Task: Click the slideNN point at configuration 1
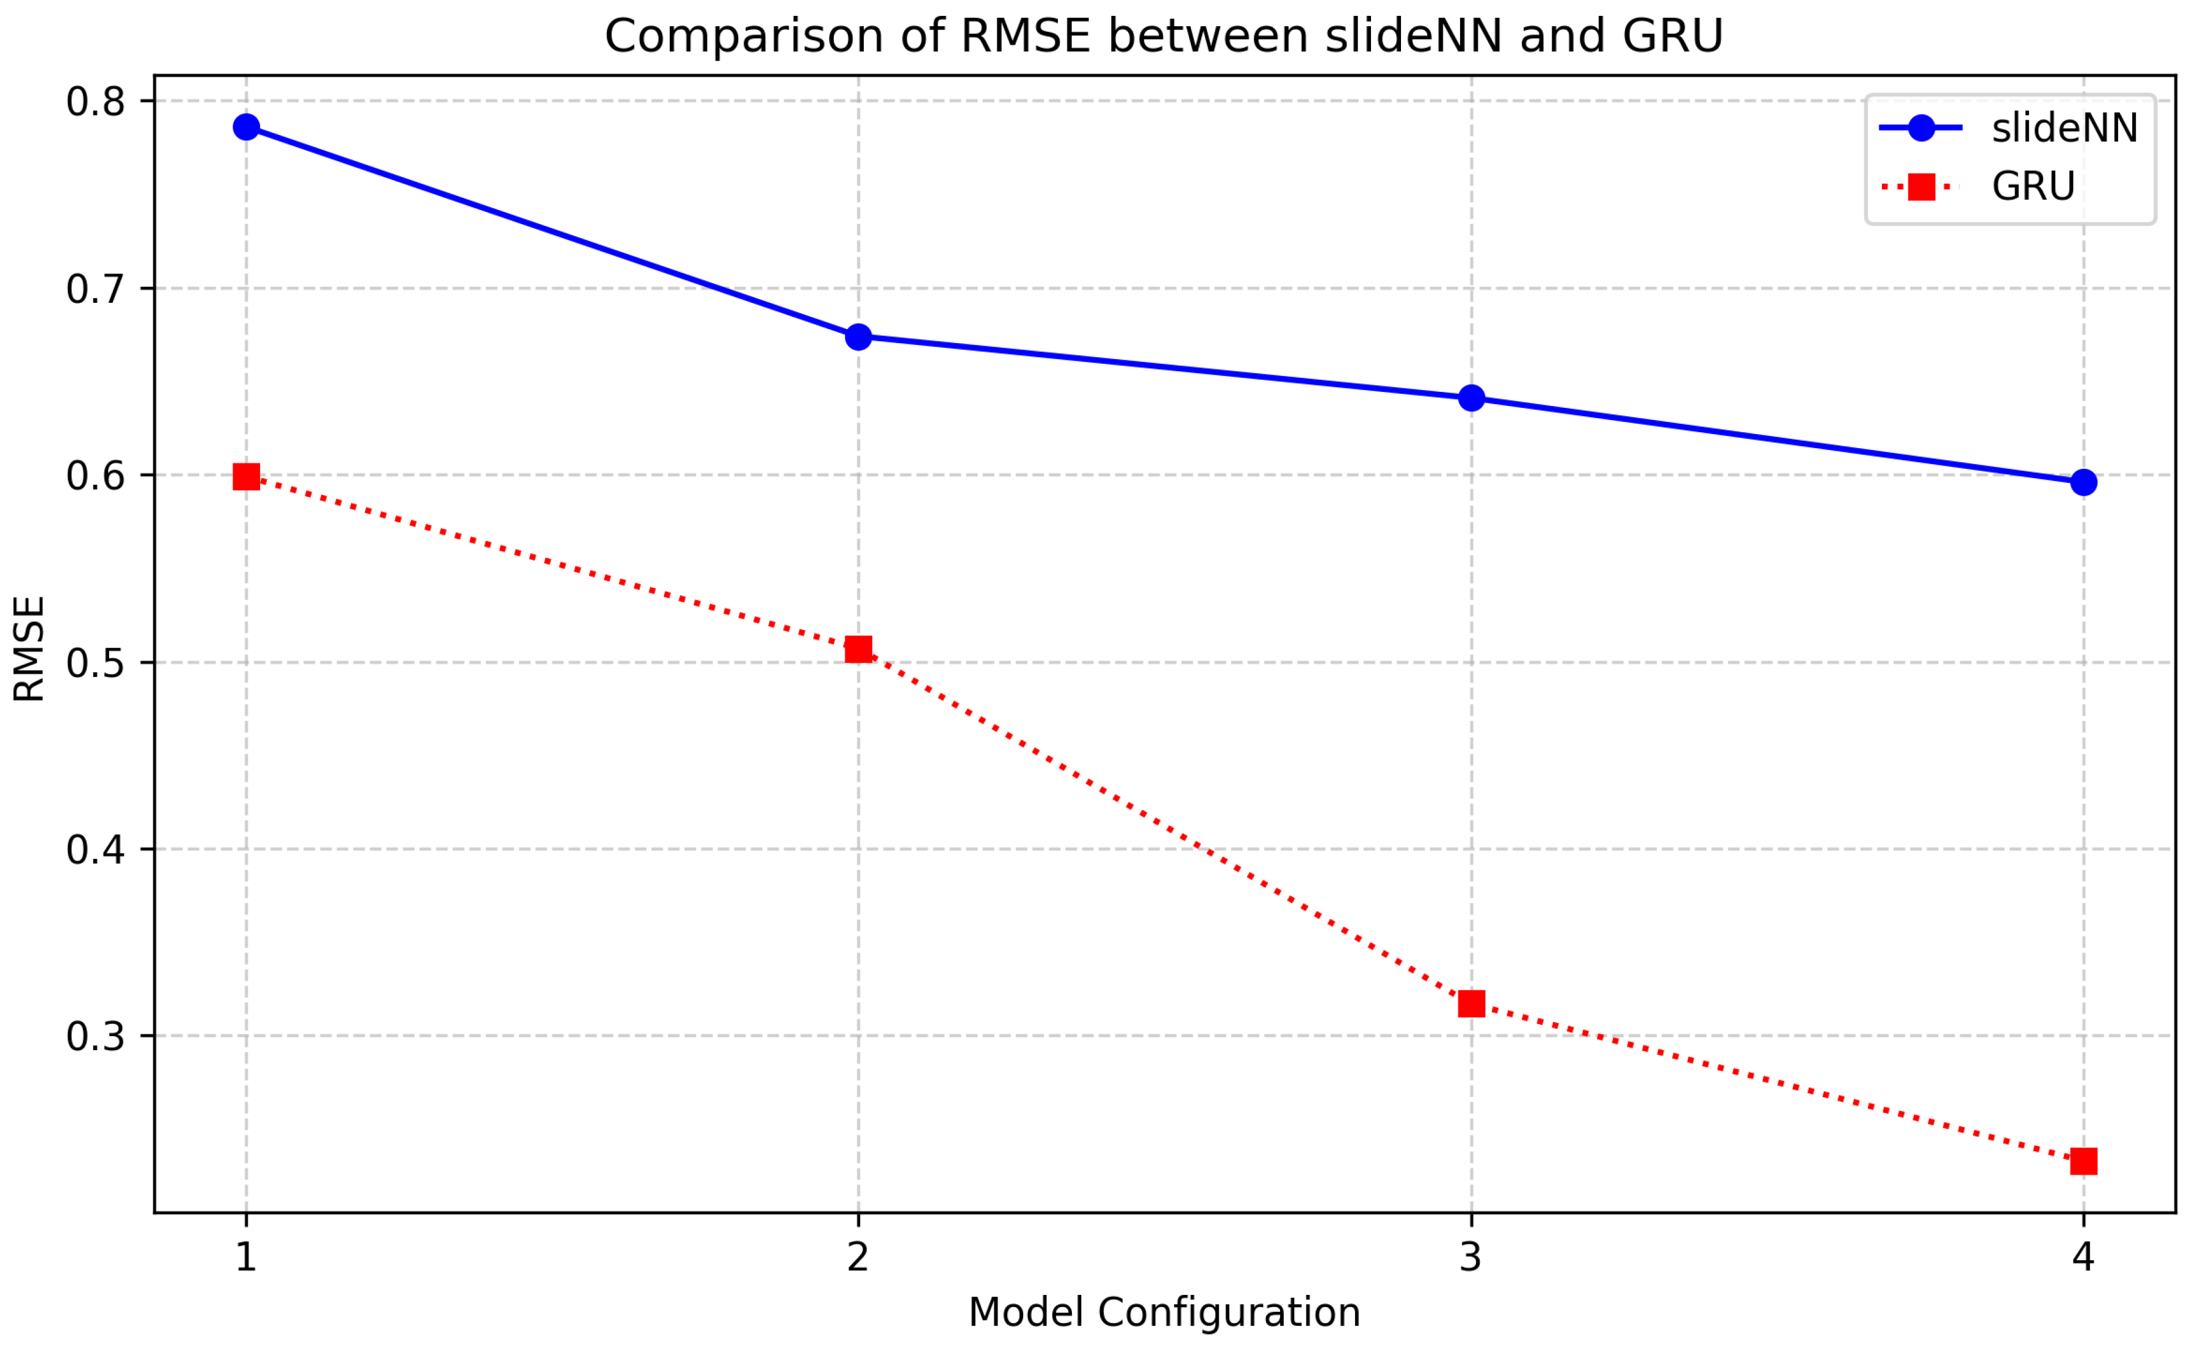(x=246, y=128)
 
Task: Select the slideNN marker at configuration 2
(x=858, y=337)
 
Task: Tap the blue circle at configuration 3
(x=1472, y=399)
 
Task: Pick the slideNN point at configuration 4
(x=2084, y=482)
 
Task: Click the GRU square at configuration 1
(x=246, y=477)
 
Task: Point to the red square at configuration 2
(x=858, y=649)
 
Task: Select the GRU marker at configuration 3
(x=1472, y=1004)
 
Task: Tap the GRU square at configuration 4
(x=2084, y=1162)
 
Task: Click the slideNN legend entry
(x=2064, y=128)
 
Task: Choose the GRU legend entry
(x=2034, y=186)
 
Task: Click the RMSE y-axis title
(x=29, y=648)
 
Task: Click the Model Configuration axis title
(x=1164, y=1313)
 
